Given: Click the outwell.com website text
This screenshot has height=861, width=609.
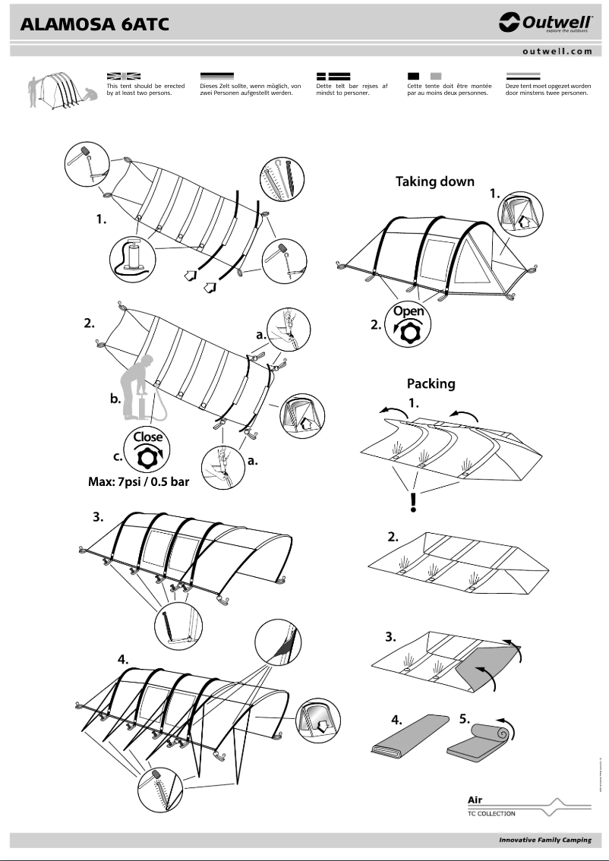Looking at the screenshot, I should [x=557, y=52].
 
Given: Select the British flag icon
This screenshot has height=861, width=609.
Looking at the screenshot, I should [x=124, y=76].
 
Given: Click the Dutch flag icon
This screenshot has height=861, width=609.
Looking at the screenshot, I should [x=523, y=76].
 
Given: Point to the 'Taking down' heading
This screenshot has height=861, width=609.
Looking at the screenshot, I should [x=435, y=181].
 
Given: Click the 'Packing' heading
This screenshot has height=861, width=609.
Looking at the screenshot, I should [x=431, y=383].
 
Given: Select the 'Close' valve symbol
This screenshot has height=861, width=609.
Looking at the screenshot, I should [x=148, y=449].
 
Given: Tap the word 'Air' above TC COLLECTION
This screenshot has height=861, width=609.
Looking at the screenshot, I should [x=475, y=799].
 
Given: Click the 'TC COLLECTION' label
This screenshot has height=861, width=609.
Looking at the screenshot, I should [x=491, y=814].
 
